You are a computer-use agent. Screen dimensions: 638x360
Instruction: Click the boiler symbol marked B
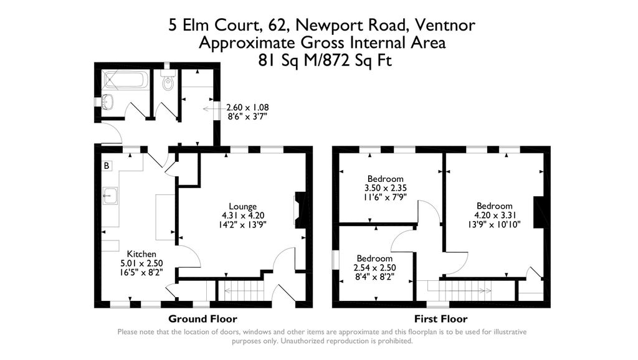point(107,166)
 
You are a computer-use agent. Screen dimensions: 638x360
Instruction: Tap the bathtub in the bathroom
point(125,79)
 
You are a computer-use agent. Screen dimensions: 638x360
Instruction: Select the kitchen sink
point(110,196)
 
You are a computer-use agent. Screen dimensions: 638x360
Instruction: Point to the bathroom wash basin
point(108,102)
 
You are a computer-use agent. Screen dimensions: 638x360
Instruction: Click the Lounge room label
point(242,206)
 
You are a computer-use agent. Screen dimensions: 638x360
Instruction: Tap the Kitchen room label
point(141,254)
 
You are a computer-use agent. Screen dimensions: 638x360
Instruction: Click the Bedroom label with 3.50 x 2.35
point(385,179)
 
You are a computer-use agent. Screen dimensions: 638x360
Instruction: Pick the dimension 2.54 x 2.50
point(374,268)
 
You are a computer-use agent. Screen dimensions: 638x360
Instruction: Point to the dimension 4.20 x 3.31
point(494,215)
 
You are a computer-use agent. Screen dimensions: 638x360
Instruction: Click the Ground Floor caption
point(202,318)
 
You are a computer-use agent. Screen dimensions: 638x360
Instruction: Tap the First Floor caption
point(440,318)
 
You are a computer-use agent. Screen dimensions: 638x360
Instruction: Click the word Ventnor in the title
point(445,25)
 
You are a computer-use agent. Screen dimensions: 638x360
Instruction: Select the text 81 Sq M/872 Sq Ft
point(325,60)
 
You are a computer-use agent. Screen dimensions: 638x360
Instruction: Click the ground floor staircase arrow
point(244,290)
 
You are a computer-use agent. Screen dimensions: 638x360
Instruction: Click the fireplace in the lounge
point(300,209)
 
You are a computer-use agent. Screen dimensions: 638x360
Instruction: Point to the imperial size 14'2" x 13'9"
point(242,224)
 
